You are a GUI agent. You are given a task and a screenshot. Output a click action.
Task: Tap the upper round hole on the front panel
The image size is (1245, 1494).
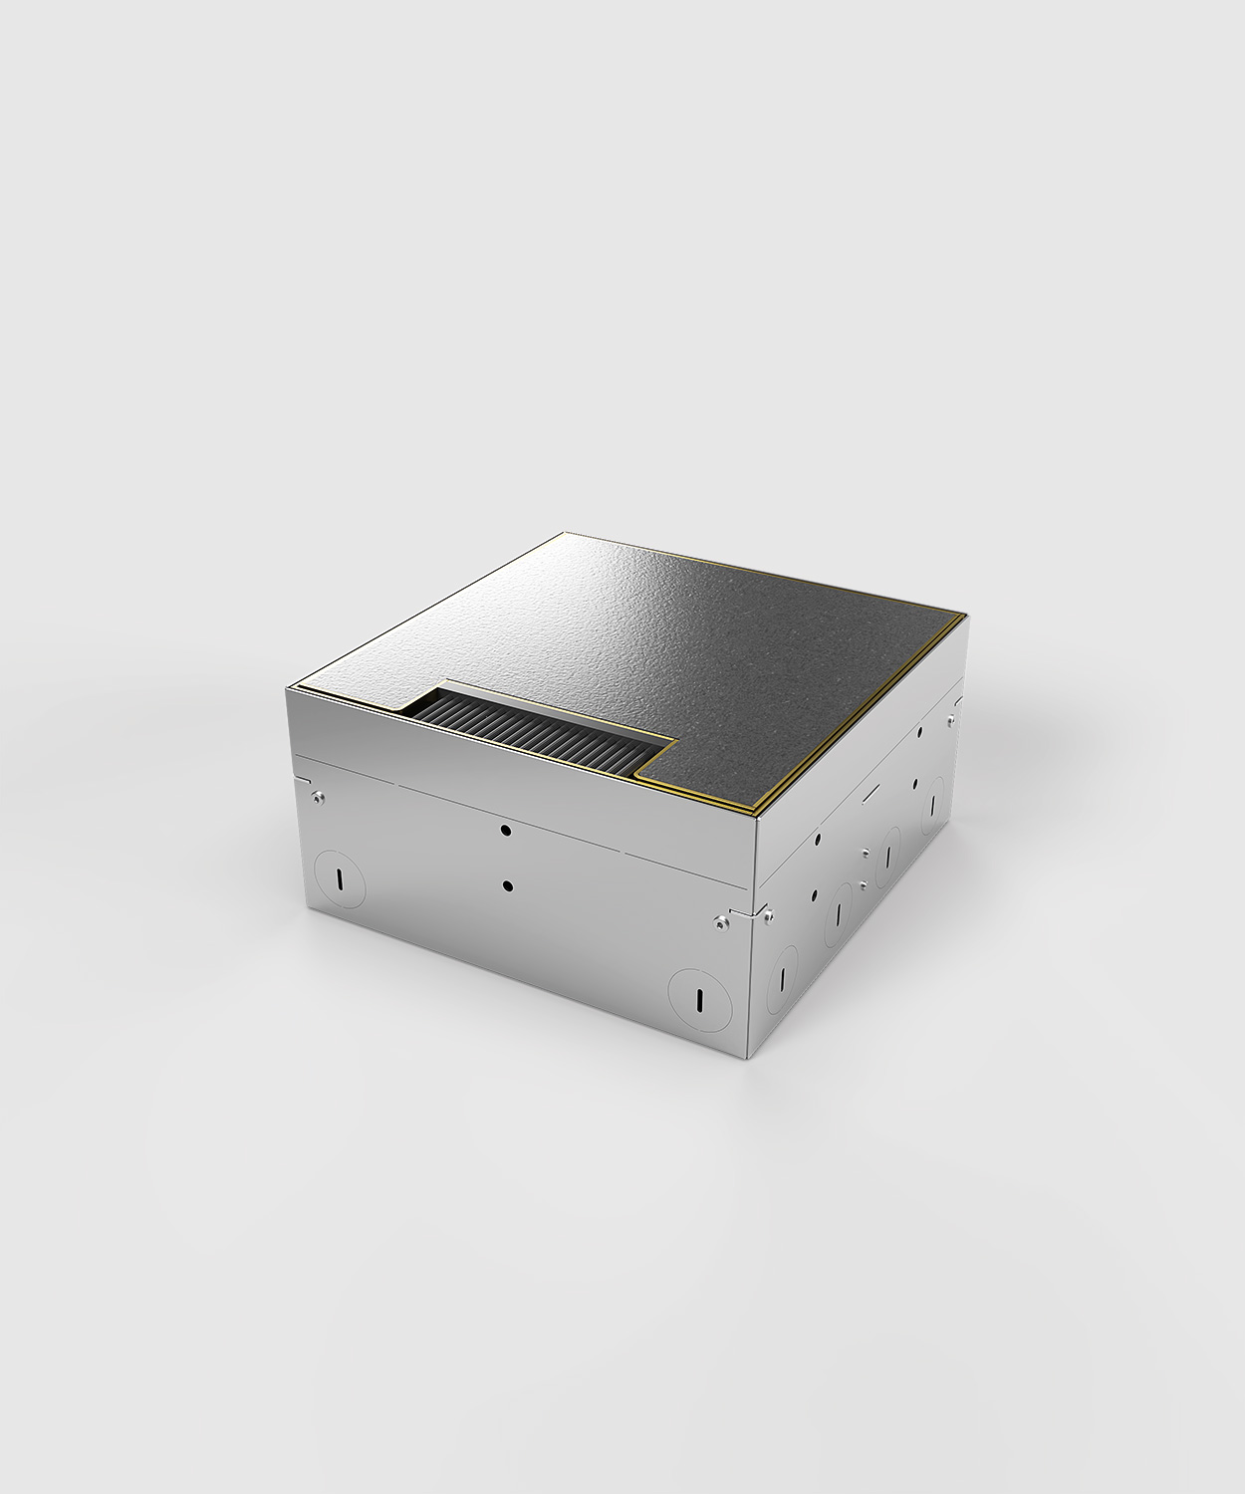point(506,829)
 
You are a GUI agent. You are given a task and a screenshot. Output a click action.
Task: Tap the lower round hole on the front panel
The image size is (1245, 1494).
point(508,884)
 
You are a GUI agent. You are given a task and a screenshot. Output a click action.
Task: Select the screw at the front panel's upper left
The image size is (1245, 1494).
point(316,796)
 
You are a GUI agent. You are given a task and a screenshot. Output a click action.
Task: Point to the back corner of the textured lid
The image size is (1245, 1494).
point(564,534)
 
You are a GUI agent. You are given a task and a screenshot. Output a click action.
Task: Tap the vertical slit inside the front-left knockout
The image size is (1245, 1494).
point(340,880)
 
